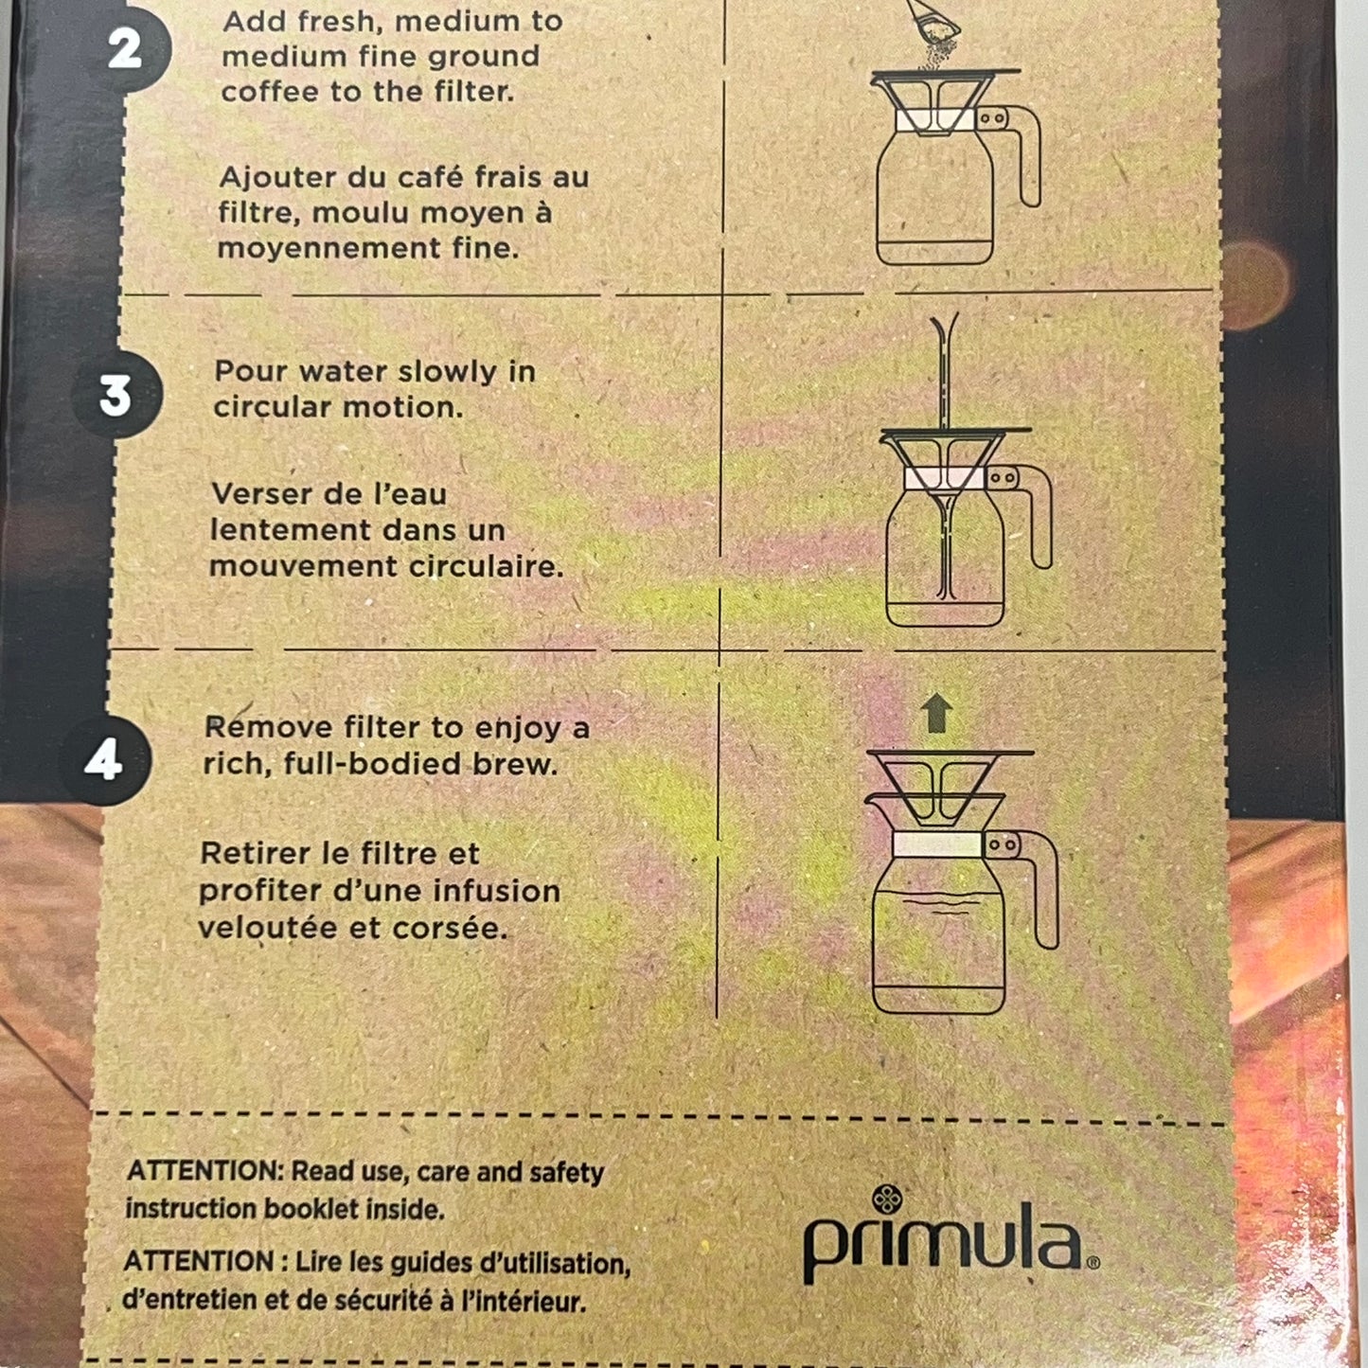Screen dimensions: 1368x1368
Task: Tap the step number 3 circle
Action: pyautogui.click(x=117, y=394)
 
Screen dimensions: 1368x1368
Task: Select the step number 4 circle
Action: pyautogui.click(x=106, y=760)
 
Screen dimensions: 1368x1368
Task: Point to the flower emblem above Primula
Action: pyautogui.click(x=887, y=1200)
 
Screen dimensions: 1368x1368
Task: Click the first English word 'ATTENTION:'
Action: pyautogui.click(x=205, y=1172)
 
